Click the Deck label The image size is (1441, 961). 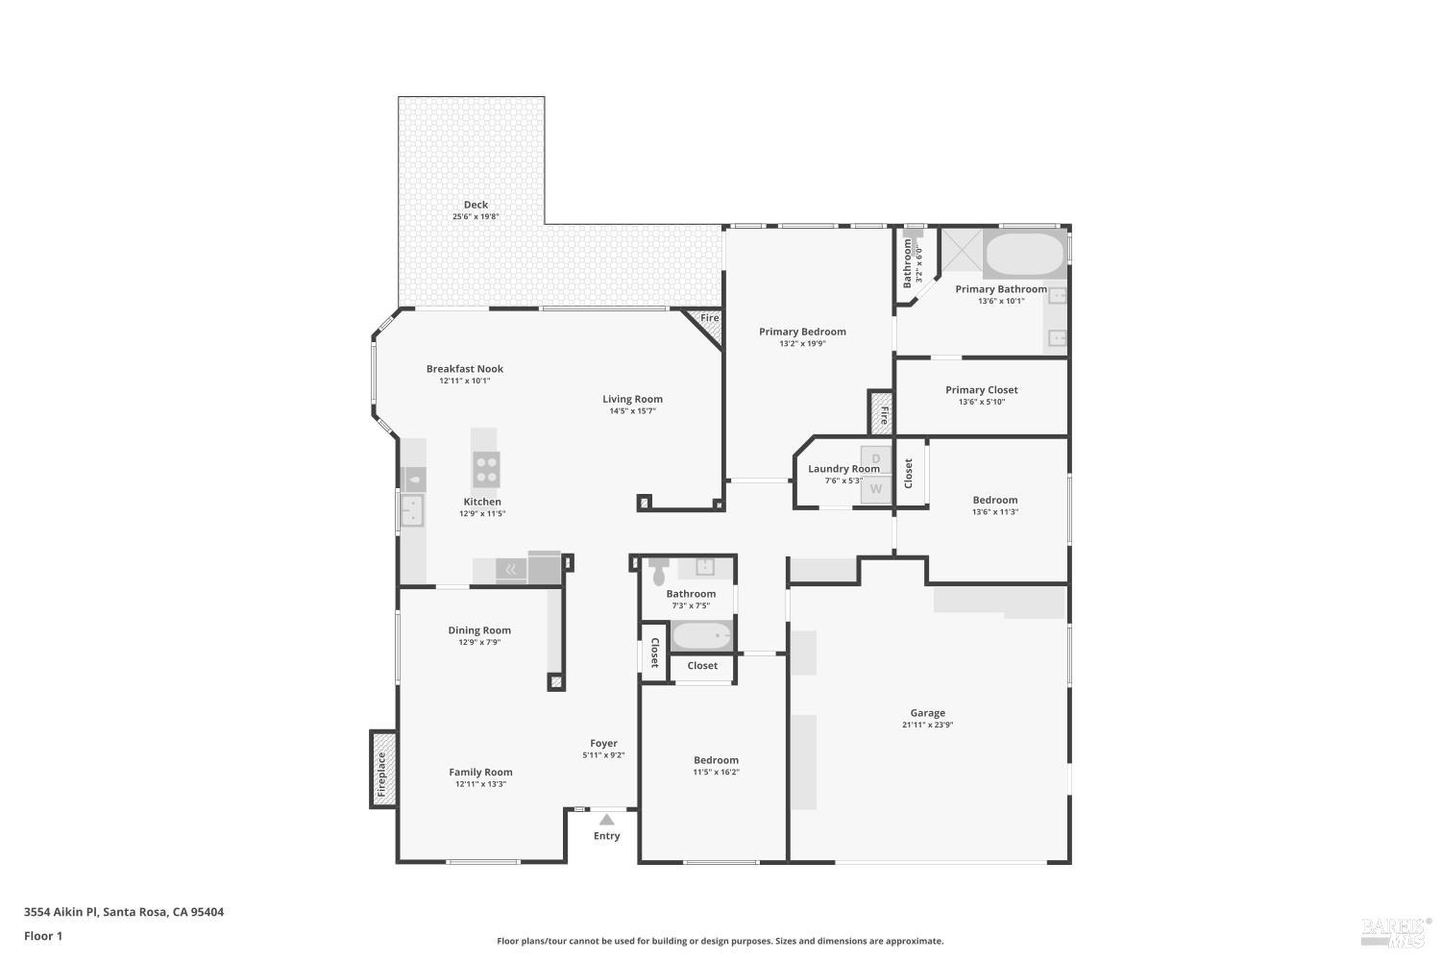pos(476,205)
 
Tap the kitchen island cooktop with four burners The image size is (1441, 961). pos(486,469)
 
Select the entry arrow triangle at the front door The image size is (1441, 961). pos(606,820)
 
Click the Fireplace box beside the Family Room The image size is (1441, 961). pos(382,769)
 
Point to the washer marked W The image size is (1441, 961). pos(875,489)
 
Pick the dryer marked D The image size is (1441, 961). pos(875,459)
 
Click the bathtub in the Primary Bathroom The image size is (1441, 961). pos(1024,255)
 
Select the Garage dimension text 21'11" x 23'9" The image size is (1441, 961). pos(927,725)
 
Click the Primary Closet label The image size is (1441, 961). pos(981,390)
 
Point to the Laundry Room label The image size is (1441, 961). pos(843,469)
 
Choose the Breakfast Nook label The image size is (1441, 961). pos(464,369)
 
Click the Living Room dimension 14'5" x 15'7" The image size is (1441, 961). pos(632,411)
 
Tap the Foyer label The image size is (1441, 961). pos(603,744)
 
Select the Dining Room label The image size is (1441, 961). pos(479,630)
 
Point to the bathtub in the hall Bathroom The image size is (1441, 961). pos(701,635)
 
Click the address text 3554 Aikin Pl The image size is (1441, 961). pos(61,912)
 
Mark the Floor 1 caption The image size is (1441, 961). pos(43,937)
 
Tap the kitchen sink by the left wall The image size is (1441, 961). pos(412,510)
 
